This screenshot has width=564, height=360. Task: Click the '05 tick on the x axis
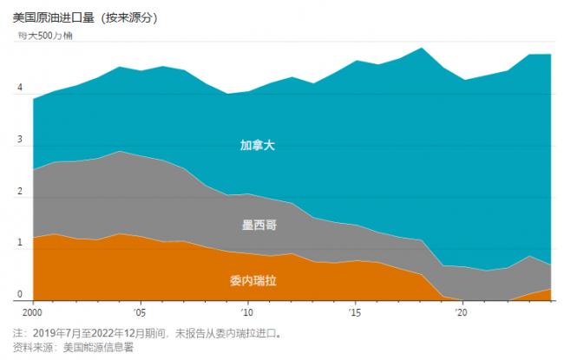(x=139, y=311)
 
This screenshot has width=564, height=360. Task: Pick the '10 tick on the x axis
(x=246, y=311)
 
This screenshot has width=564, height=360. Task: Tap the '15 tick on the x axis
(x=355, y=311)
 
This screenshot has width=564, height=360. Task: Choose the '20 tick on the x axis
(x=462, y=311)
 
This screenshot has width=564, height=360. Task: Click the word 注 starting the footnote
(x=18, y=332)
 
